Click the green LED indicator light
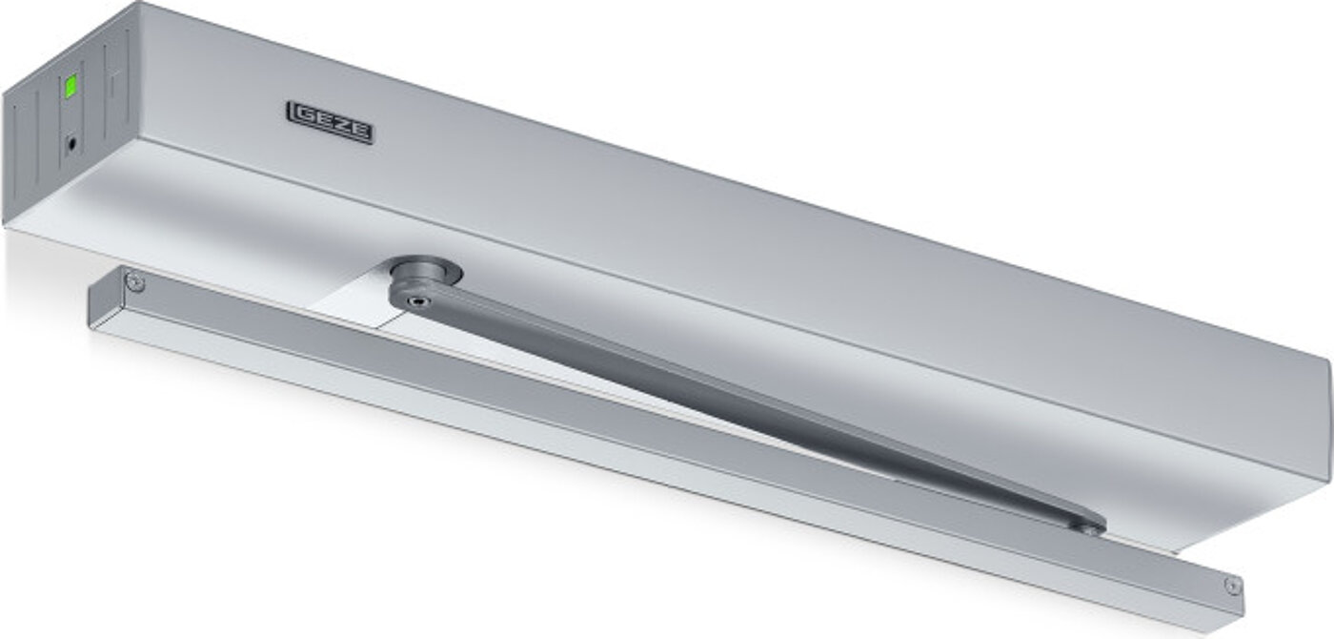[70, 88]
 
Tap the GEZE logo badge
[330, 123]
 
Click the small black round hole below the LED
[71, 144]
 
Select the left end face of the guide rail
[92, 305]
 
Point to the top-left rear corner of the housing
[143, 5]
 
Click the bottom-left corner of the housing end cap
[8, 222]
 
